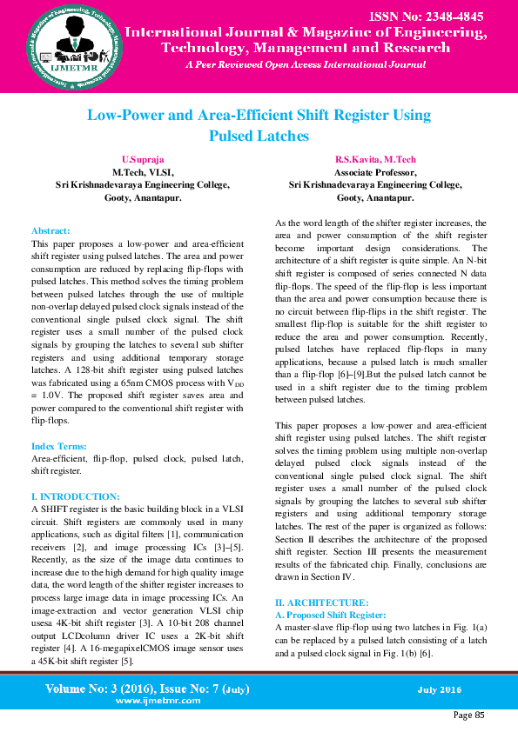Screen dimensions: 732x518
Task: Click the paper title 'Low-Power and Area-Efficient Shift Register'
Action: pos(259,115)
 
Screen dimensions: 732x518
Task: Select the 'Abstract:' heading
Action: pos(50,231)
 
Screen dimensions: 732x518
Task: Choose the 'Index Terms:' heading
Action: pos(57,445)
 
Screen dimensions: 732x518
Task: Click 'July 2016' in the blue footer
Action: pos(440,690)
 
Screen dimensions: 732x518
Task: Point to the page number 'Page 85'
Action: pos(468,715)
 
